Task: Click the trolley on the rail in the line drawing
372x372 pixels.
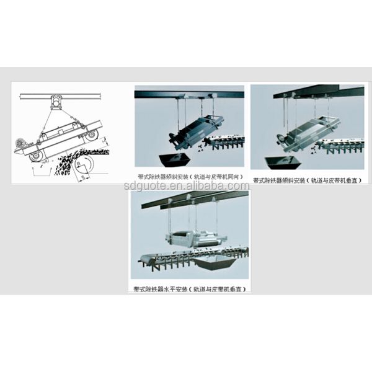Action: pos(58,101)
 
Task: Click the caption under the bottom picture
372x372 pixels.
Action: pos(190,290)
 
